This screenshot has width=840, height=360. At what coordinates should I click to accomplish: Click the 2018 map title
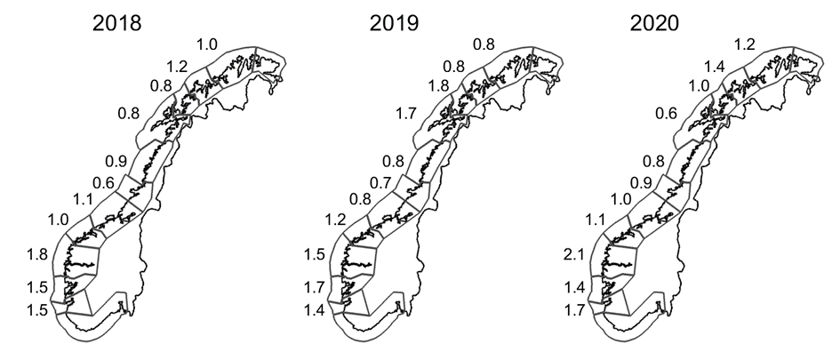point(116,24)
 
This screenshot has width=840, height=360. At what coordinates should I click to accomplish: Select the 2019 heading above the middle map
point(394,24)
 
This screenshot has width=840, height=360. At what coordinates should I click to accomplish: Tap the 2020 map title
point(654,24)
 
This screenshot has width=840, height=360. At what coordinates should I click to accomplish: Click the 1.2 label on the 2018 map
point(177,67)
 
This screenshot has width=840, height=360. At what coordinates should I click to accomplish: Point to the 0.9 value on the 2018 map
point(116,161)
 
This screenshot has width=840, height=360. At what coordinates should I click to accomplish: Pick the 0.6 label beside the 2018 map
point(103,183)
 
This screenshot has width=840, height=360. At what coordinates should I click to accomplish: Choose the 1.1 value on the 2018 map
point(83,200)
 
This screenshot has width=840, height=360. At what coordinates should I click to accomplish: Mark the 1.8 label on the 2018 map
point(37,254)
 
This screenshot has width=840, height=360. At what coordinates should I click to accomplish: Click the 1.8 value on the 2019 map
point(438,85)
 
